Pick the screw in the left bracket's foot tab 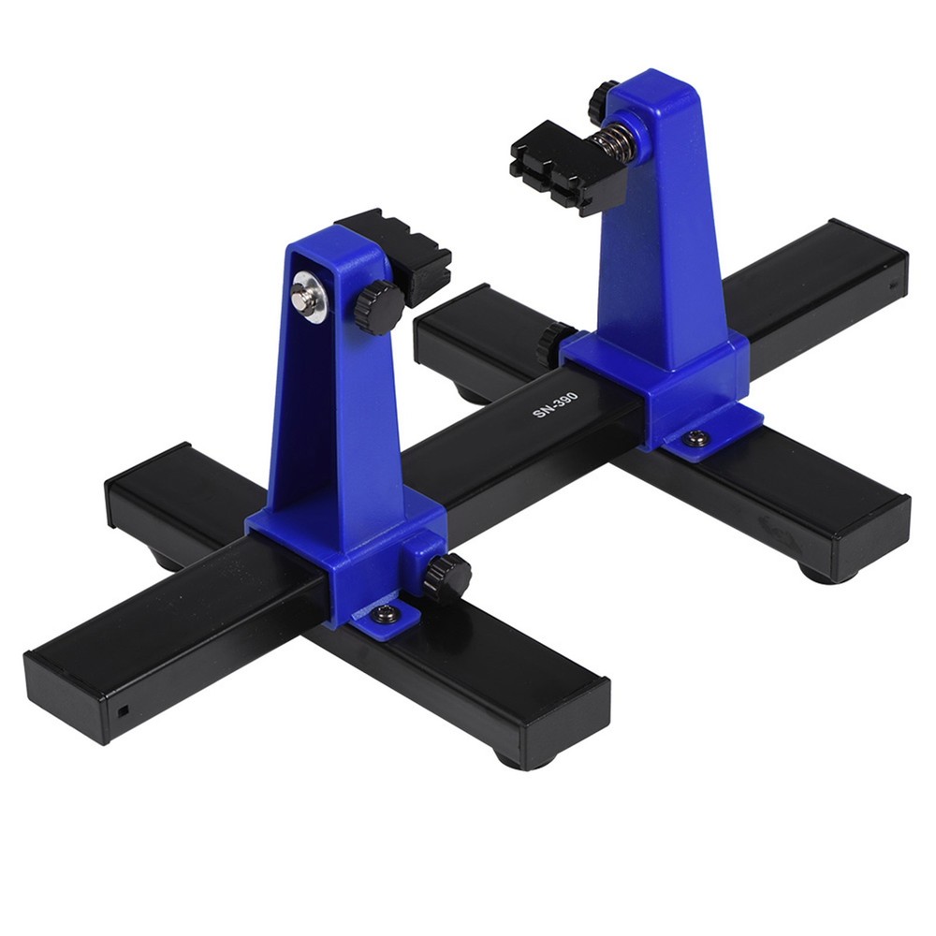(385, 614)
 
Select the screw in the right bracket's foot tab (695, 437)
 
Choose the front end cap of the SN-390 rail (66, 697)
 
